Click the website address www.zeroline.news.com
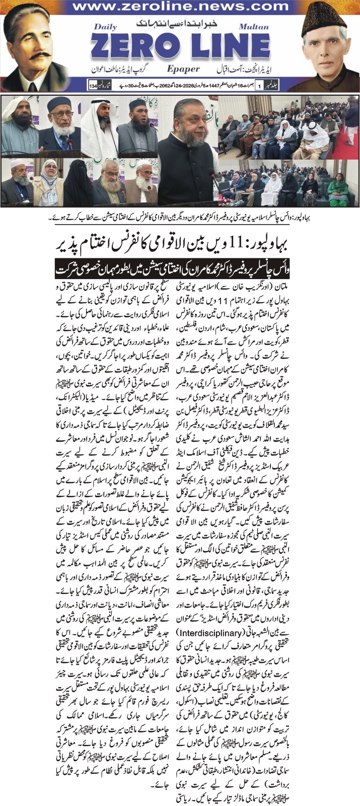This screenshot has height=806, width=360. coord(180,7)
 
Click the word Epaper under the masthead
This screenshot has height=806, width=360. coord(182,69)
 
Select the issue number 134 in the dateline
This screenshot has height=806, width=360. coord(93,85)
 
